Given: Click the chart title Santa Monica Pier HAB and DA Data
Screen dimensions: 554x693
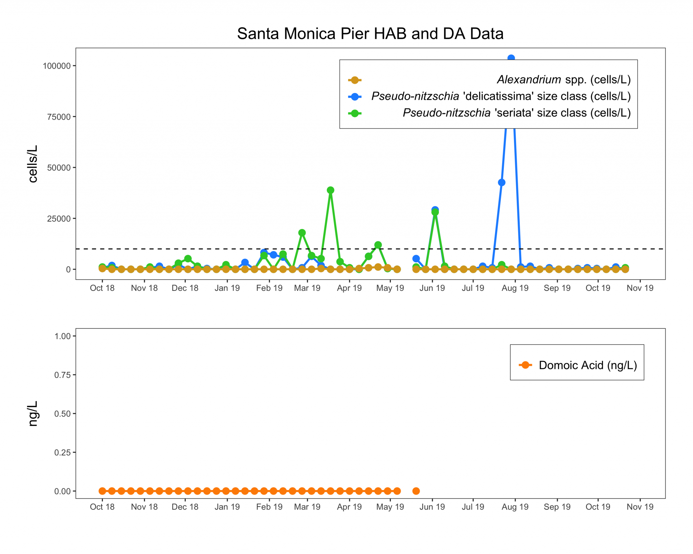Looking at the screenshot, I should coord(370,34).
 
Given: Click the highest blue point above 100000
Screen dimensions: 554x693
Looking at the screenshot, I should coord(511,58).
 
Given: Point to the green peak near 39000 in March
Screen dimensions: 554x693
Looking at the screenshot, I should coord(331,190).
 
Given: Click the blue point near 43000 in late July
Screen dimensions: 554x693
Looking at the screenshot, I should coord(501,183).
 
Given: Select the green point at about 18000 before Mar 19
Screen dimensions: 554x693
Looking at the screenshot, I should coord(302,233).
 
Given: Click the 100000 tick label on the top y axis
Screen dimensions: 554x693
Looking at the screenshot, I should coord(57,66).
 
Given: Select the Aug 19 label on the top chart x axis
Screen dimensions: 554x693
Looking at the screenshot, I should coord(515,288).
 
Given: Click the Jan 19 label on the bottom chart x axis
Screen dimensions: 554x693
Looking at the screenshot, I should coord(227,507).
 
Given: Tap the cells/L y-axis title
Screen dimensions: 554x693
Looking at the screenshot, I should coord(33,164).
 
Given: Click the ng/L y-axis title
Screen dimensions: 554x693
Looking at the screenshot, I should coord(33,414).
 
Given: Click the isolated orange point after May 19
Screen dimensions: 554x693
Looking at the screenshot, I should coord(416,491).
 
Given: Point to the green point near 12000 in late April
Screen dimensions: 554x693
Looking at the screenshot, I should coord(378,245).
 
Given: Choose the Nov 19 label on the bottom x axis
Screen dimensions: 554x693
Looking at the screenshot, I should coord(640,507).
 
